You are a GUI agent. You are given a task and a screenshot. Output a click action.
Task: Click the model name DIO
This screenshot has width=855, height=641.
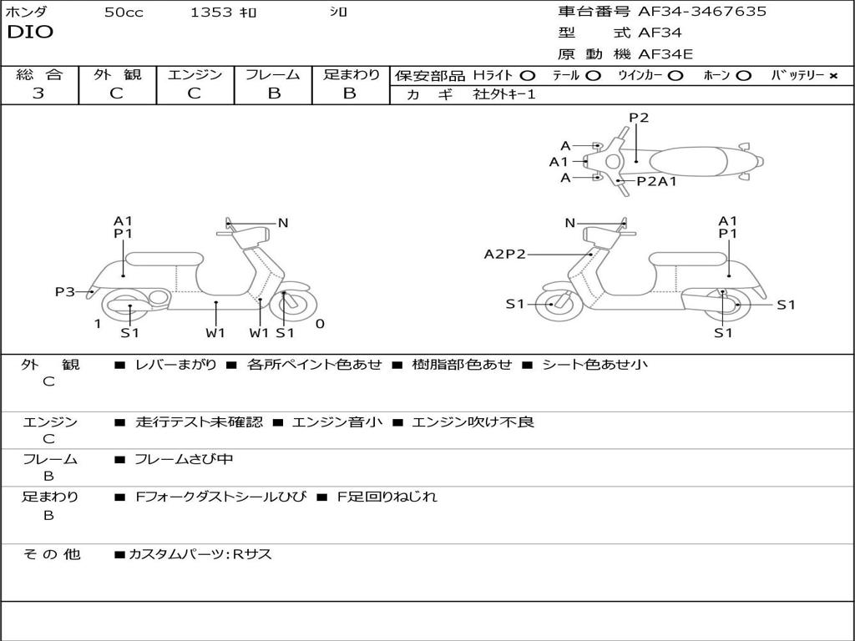(30, 33)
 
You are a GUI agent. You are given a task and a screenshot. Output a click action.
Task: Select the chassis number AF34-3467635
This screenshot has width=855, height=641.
(702, 12)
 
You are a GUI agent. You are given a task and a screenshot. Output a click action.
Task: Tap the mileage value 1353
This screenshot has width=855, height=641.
(211, 13)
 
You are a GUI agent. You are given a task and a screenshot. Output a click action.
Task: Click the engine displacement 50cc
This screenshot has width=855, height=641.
(124, 13)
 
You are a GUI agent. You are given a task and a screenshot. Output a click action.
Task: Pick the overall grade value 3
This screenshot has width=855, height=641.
(38, 93)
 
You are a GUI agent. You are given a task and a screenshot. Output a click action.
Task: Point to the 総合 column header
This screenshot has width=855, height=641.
(39, 75)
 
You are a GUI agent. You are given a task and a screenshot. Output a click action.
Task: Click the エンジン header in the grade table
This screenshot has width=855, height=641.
(195, 75)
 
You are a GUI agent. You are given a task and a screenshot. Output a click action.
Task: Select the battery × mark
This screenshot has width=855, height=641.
(832, 76)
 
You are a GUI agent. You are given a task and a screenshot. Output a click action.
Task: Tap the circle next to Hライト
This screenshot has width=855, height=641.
(528, 76)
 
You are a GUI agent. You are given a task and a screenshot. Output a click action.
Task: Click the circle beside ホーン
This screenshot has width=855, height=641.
(744, 76)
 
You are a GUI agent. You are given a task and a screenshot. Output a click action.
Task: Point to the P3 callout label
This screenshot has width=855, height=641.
(65, 291)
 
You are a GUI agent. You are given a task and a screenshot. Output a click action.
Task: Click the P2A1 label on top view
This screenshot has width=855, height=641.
(656, 181)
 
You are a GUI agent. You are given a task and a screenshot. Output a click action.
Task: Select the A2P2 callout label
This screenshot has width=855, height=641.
(505, 254)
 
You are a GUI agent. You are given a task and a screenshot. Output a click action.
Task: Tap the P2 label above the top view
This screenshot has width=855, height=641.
(639, 118)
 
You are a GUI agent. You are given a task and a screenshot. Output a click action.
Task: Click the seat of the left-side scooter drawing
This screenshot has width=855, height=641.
(164, 259)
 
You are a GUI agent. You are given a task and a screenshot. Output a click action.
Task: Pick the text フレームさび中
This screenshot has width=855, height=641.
(184, 459)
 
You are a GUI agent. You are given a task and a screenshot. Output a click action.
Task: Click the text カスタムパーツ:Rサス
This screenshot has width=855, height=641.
(200, 554)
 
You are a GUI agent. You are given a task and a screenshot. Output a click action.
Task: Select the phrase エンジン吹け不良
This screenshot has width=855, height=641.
(473, 422)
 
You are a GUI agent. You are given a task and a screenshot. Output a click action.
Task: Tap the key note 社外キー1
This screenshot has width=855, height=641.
(504, 95)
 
